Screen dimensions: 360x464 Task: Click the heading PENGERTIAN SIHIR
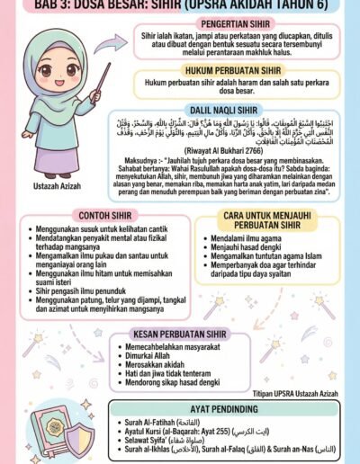pyautogui.click(x=238, y=17)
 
